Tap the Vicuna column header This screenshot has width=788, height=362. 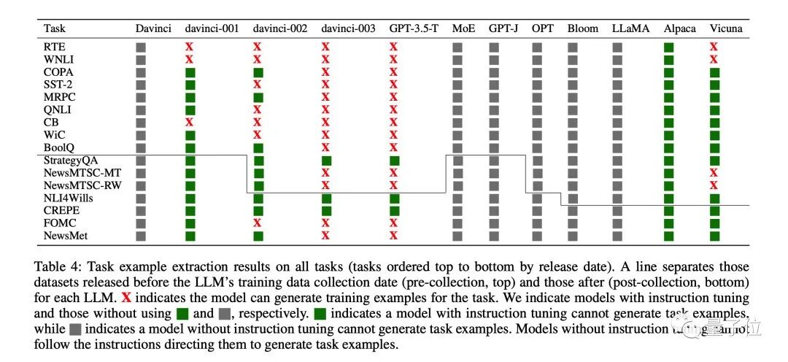coord(725,28)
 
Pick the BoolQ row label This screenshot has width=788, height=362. coord(57,147)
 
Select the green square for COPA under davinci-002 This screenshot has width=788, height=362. coord(258,72)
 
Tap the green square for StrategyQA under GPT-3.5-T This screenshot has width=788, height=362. coord(394,160)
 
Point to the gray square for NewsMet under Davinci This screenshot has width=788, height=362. coord(142,235)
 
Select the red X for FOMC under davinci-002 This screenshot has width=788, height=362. coord(258,223)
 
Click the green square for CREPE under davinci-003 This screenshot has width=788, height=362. coord(326,210)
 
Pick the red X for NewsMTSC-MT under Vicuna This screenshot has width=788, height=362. coord(714,172)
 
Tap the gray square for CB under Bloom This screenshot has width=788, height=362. coord(573,123)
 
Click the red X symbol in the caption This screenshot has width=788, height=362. coord(126,298)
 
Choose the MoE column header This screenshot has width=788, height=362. coord(463,28)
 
